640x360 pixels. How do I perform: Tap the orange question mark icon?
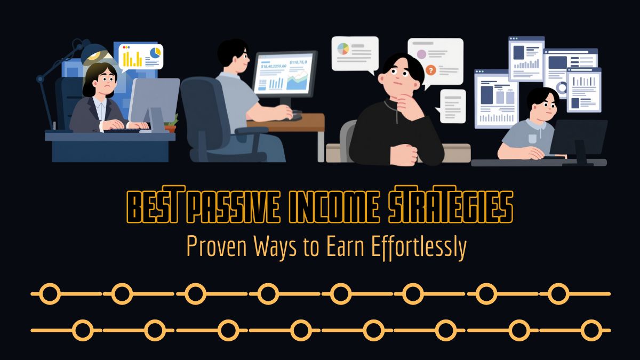[x=431, y=70]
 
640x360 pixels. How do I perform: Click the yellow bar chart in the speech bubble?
[x=132, y=58]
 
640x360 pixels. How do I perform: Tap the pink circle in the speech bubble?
[x=421, y=54]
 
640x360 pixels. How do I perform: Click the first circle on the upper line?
[x=51, y=294]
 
